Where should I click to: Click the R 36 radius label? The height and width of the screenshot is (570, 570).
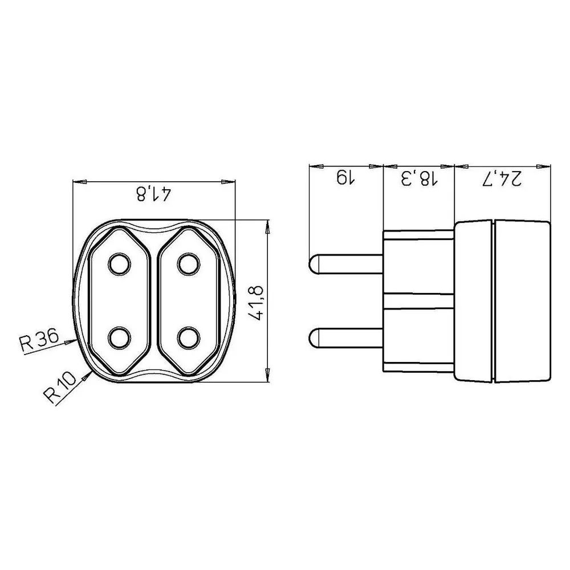pos(39,340)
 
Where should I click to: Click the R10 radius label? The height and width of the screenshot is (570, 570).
pos(60,387)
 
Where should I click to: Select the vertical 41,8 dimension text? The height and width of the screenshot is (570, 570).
pos(258,303)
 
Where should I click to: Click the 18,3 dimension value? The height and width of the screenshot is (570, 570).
pos(419,178)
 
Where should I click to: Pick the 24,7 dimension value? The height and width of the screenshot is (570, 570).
pos(502,178)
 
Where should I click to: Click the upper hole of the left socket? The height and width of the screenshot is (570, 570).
pos(119,263)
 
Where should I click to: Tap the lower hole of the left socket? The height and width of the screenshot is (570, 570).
pos(119,337)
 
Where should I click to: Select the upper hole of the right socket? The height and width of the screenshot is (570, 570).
pos(189,263)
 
